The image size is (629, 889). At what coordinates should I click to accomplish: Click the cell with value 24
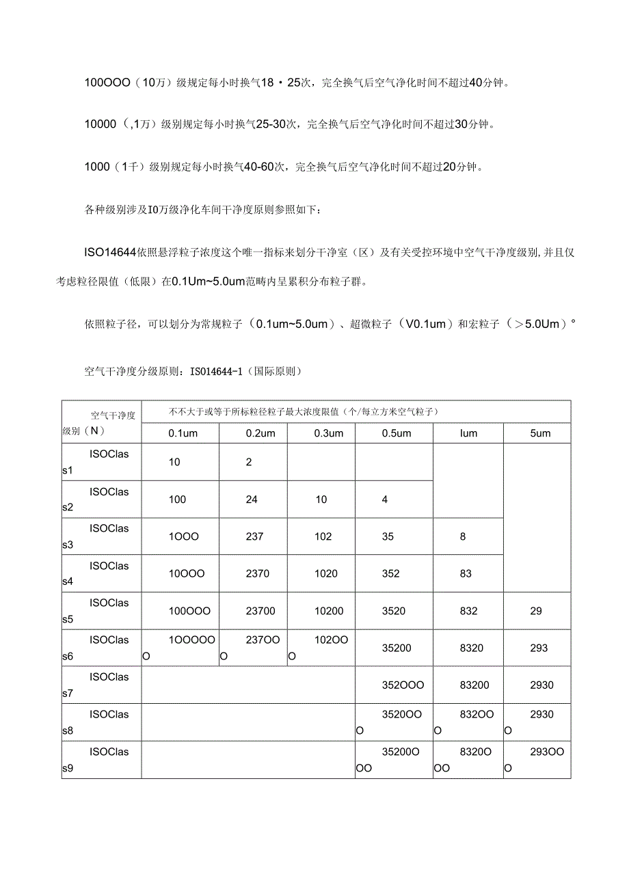tap(252, 500)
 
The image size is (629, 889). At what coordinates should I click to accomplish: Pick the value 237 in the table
tap(254, 536)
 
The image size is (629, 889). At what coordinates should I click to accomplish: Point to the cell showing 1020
tap(325, 573)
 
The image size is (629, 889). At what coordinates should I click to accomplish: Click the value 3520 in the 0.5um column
tap(393, 611)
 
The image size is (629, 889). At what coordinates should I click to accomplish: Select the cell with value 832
tap(469, 611)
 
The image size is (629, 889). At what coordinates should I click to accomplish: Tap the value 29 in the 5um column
tap(536, 611)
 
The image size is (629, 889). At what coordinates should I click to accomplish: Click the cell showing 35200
tap(397, 648)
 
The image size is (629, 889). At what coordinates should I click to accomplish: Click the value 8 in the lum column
tap(463, 536)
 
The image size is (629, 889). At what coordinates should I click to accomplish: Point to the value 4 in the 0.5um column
tap(385, 500)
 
